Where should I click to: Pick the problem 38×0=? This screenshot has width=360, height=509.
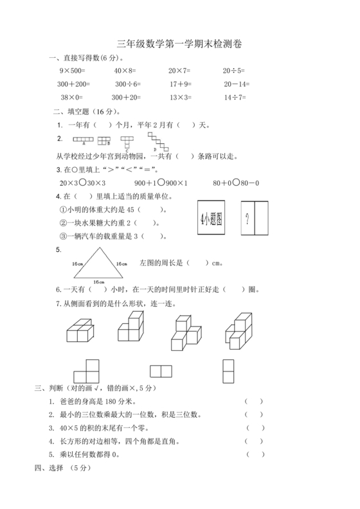pyautogui.click(x=71, y=98)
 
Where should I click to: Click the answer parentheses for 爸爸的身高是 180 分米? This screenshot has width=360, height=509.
pyautogui.click(x=254, y=402)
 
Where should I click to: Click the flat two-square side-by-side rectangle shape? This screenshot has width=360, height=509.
pyautogui.click(x=161, y=371)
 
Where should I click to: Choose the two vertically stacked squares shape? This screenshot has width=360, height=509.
pyautogui.click(x=228, y=370)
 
